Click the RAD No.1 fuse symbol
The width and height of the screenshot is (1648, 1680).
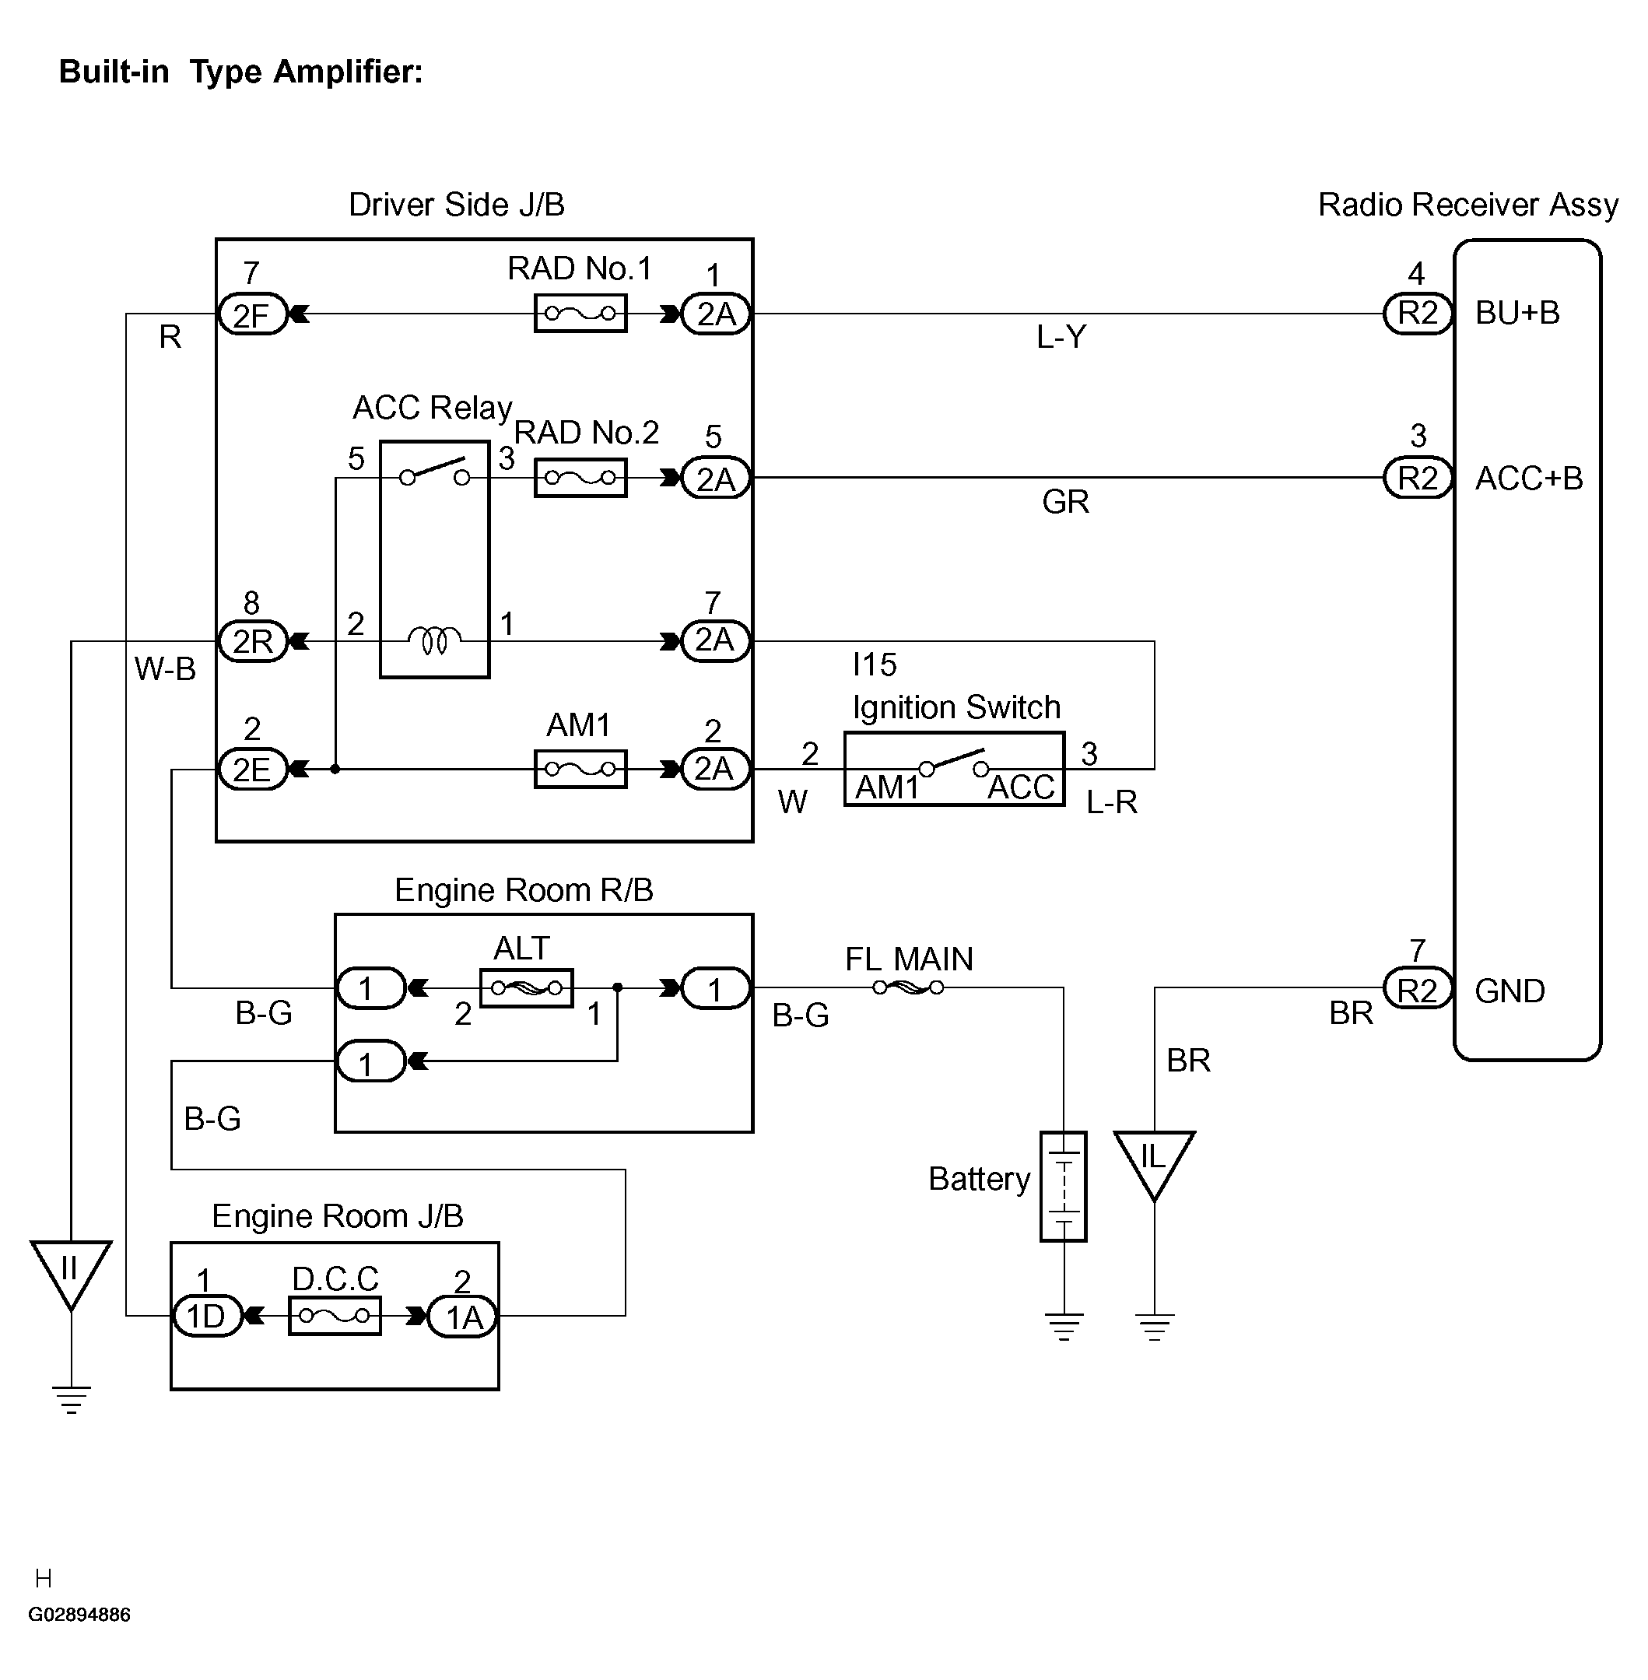(580, 314)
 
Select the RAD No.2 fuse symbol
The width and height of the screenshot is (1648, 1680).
(580, 478)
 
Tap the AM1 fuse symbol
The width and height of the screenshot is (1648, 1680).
(580, 769)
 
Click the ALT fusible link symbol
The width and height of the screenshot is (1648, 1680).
(526, 987)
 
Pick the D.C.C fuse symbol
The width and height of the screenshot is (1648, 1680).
(335, 1316)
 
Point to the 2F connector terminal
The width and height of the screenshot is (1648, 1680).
(251, 314)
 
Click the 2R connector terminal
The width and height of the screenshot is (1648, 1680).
(252, 641)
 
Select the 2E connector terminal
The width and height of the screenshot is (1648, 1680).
(251, 769)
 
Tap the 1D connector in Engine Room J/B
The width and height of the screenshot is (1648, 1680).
(207, 1317)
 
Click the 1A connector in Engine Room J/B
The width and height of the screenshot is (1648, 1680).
(463, 1317)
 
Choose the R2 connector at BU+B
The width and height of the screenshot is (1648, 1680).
(1418, 314)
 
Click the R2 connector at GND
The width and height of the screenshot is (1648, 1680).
(1418, 989)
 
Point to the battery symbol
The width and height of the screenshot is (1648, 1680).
(1064, 1187)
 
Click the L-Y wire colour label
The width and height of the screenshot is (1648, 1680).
(1061, 337)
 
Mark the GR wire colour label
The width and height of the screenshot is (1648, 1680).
(1065, 502)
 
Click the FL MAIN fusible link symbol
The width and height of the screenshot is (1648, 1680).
(908, 987)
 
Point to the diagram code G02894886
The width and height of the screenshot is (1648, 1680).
(79, 1614)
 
